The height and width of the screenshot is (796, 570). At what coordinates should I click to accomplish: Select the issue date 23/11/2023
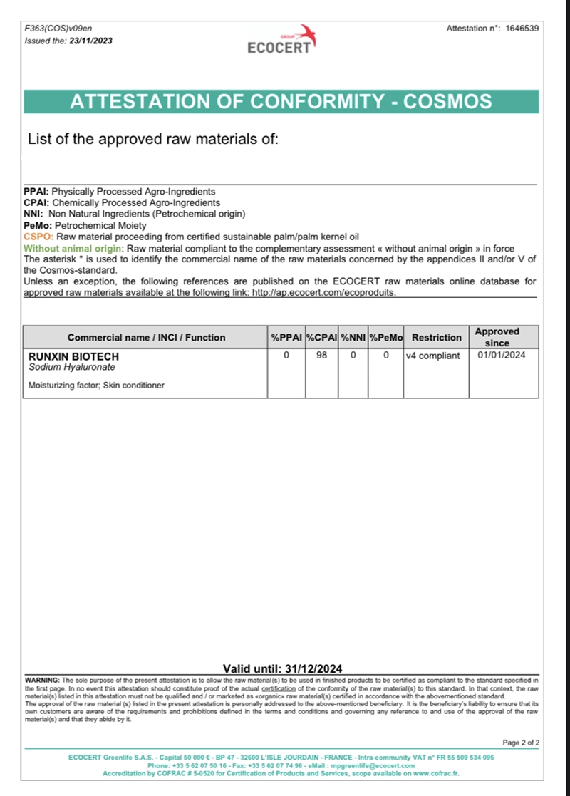pos(89,41)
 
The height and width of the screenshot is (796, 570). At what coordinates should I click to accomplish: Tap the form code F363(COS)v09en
pos(58,29)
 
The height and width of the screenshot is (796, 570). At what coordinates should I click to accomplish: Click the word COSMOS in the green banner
pos(447,102)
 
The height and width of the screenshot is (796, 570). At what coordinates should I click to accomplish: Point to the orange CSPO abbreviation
pos(38,237)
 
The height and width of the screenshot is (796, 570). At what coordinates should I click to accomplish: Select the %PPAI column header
pos(286,337)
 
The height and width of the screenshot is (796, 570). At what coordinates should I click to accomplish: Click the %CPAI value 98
pos(321,356)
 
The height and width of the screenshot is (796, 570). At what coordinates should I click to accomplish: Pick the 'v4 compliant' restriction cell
pos(432,356)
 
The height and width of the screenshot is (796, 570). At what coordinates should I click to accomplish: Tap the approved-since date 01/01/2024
pos(502,356)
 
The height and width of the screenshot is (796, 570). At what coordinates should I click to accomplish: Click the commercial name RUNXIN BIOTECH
pos(73,356)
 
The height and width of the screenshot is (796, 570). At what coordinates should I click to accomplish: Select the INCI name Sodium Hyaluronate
pos(71,367)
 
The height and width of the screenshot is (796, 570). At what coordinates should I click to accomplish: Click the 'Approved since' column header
pos(497,337)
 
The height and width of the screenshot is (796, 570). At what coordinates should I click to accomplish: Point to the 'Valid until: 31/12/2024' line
pos(283,668)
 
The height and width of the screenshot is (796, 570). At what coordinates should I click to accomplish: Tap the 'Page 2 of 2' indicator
pos(521,743)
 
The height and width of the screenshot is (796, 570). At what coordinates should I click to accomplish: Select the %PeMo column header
pos(386,337)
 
